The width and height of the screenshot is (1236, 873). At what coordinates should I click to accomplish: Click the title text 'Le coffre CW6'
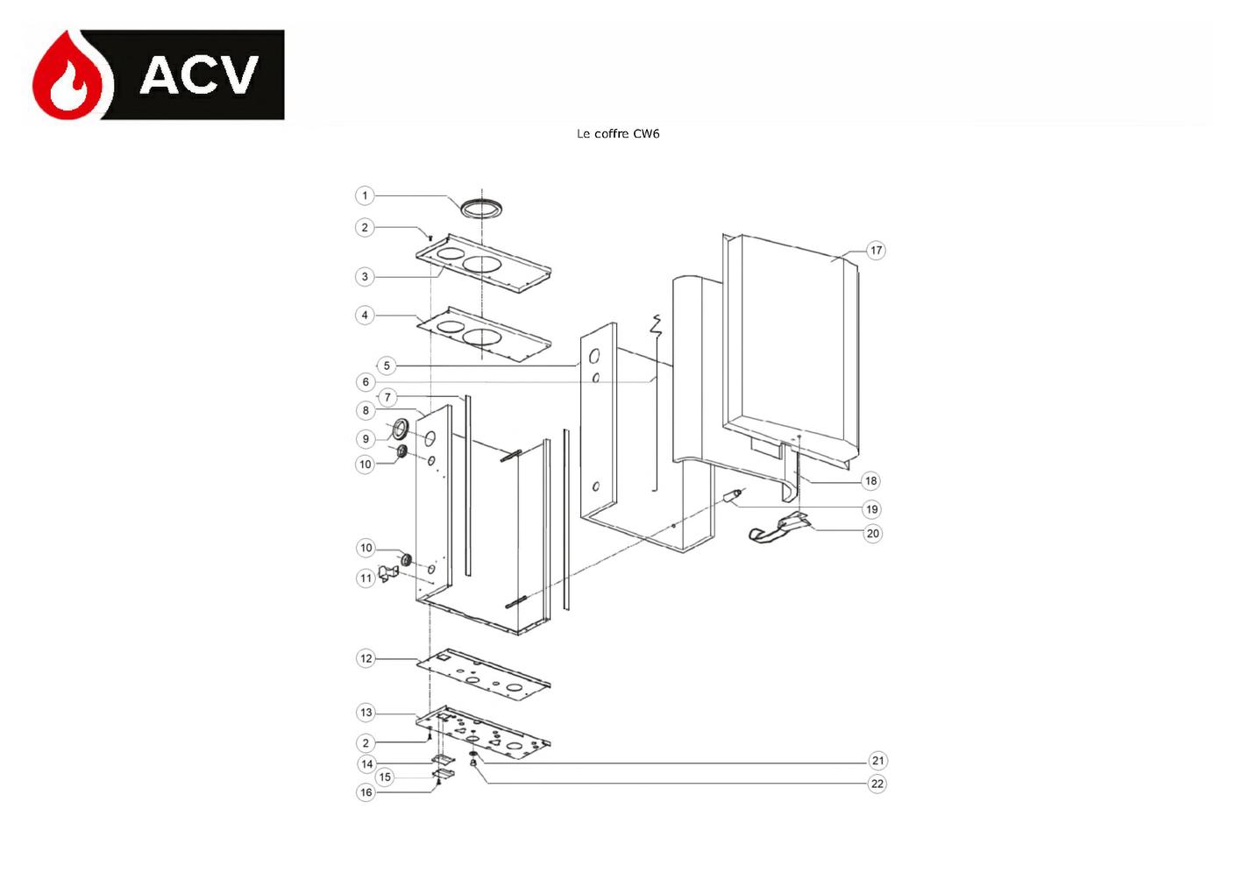point(618,133)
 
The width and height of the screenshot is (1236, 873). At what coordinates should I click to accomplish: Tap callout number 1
point(364,195)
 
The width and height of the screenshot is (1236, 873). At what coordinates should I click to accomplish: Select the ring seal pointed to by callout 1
point(481,208)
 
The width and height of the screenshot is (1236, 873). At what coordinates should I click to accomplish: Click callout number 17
point(877,251)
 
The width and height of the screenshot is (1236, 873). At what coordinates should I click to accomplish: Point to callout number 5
point(387,366)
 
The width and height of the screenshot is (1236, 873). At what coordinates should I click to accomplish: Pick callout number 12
point(366,658)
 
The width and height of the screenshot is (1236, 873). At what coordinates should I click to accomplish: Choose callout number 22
point(877,784)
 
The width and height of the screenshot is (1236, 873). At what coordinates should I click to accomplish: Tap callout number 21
point(877,761)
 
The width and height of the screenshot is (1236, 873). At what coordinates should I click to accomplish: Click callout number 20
point(872,533)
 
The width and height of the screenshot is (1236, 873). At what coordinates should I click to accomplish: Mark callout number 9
point(366,439)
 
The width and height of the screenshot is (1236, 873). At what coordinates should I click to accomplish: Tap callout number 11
point(366,578)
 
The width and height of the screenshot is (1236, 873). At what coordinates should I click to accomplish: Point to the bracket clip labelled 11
point(388,573)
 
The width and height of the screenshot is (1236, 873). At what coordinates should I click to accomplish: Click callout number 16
point(366,792)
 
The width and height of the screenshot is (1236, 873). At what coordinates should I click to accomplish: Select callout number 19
point(872,508)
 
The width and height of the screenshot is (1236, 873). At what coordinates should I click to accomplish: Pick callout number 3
point(364,276)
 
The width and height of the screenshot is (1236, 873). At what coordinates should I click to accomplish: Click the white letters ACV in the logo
point(199,75)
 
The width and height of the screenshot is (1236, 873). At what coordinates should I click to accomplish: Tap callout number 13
point(366,713)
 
